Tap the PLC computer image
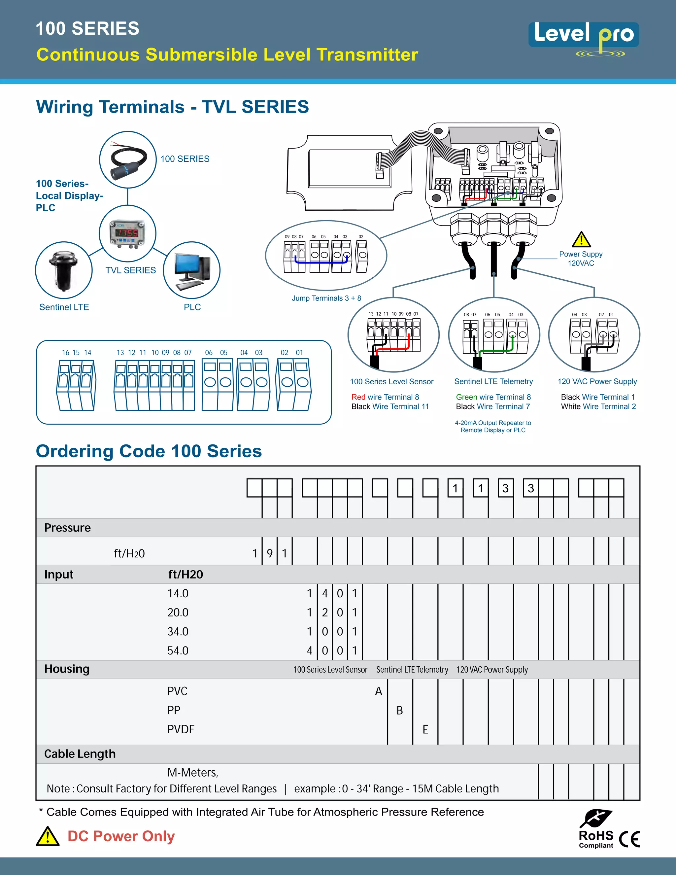pyautogui.click(x=192, y=270)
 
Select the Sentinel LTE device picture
pyautogui.click(x=64, y=270)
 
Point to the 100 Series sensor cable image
pyautogui.click(x=127, y=159)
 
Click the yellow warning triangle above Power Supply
pyautogui.click(x=581, y=240)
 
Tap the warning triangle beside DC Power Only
pyautogui.click(x=48, y=837)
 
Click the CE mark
pyautogui.click(x=629, y=839)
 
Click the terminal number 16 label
pyautogui.click(x=66, y=353)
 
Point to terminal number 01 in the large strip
pyautogui.click(x=299, y=353)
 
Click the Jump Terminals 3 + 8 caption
pyautogui.click(x=326, y=298)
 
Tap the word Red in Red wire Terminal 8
pyautogui.click(x=358, y=397)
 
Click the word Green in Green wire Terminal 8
pyautogui.click(x=466, y=397)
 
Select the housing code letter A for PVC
pyautogui.click(x=379, y=691)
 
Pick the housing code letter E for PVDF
pyautogui.click(x=425, y=729)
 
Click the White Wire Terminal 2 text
pyautogui.click(x=598, y=407)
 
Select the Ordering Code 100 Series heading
pyautogui.click(x=149, y=451)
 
